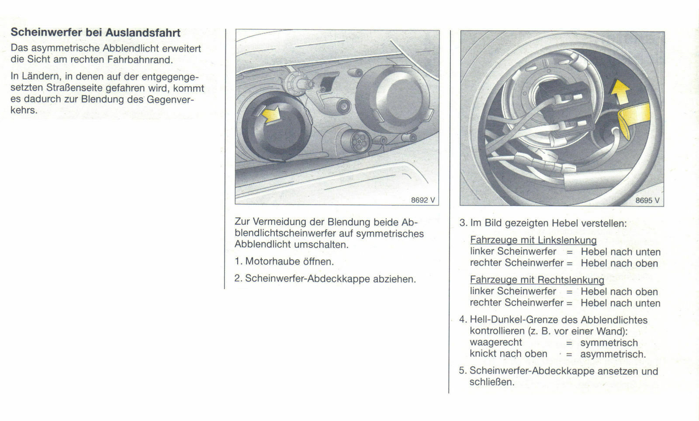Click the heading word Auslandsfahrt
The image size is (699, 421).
[143, 32]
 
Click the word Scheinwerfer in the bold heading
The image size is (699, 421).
[46, 32]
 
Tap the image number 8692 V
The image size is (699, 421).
[423, 200]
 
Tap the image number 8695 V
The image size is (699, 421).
[647, 201]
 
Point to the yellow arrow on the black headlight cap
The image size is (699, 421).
[270, 116]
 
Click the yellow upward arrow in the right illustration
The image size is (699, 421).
[620, 92]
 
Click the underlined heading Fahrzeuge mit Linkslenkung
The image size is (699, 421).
[533, 240]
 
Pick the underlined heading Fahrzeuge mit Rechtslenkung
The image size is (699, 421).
[537, 280]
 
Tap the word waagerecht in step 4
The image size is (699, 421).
[496, 342]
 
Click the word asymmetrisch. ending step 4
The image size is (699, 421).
[612, 354]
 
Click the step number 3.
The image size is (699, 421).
[463, 223]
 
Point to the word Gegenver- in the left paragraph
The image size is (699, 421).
[170, 99]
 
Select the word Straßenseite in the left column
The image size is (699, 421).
[75, 88]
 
